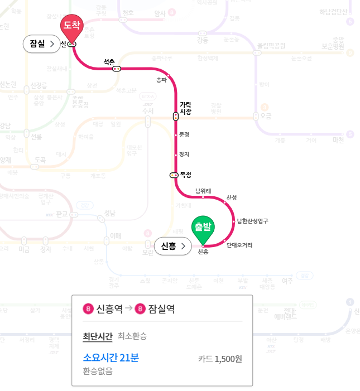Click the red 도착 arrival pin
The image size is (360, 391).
click(x=71, y=26)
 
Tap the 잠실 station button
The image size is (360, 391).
click(x=41, y=44)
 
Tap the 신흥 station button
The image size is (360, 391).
click(x=172, y=246)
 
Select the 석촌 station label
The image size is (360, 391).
click(x=109, y=61)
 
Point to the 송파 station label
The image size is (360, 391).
click(x=162, y=80)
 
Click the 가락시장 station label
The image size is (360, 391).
click(x=185, y=108)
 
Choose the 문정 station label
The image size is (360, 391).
click(x=184, y=134)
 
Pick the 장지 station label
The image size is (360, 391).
click(x=184, y=154)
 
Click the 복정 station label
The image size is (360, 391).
click(x=186, y=175)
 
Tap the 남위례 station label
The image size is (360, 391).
click(x=203, y=191)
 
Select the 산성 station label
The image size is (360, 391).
click(x=232, y=198)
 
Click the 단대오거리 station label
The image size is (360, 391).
click(x=239, y=245)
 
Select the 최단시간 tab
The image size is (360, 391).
click(x=97, y=336)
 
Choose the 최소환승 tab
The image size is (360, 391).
click(x=132, y=336)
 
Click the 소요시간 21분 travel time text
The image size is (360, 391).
click(x=111, y=358)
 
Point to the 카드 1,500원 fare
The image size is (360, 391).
click(x=220, y=359)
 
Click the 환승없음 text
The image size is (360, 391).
click(x=97, y=371)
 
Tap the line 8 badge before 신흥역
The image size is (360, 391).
click(x=88, y=308)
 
